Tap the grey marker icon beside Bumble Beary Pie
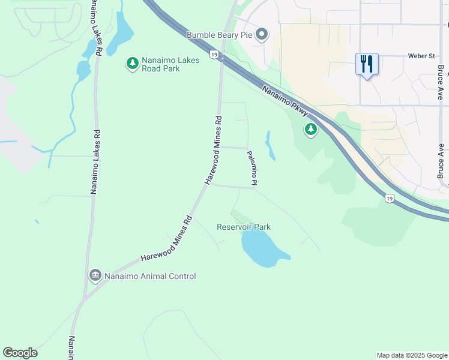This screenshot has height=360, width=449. (x=261, y=35)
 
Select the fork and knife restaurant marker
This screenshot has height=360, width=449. (x=367, y=64)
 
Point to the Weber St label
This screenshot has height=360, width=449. (x=421, y=56)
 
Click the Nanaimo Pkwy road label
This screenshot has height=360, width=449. (x=285, y=100)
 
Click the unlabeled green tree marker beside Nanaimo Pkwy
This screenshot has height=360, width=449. (x=310, y=129)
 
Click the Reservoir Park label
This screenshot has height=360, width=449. (x=244, y=227)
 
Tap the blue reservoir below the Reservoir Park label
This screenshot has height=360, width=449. (x=262, y=249)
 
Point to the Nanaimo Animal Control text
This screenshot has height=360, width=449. (x=150, y=276)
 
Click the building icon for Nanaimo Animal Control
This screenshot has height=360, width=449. (x=95, y=275)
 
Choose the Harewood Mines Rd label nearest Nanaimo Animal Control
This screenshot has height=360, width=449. (x=166, y=238)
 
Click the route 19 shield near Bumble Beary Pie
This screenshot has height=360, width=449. (x=214, y=55)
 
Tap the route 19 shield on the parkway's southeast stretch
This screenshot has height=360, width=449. (x=389, y=198)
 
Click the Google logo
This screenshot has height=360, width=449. (x=20, y=353)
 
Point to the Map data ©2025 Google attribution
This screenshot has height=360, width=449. (x=412, y=355)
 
